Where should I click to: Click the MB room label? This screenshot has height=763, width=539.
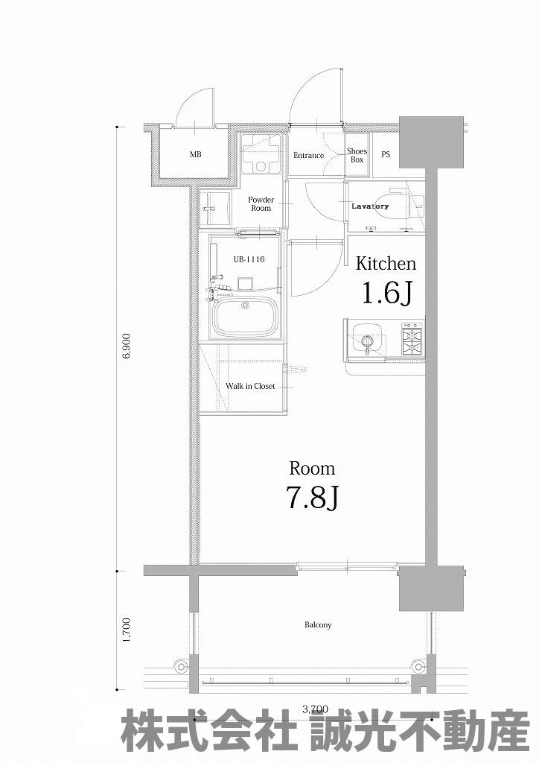(195, 155)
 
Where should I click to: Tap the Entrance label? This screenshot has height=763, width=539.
(309, 156)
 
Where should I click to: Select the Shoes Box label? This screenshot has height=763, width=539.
(357, 155)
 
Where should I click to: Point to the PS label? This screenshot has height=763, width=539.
(386, 155)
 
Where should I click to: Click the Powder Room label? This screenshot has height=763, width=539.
(261, 204)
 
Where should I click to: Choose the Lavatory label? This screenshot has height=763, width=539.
(370, 206)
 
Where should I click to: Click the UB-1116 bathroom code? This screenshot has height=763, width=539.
(249, 259)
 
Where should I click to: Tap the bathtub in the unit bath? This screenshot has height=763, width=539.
(245, 317)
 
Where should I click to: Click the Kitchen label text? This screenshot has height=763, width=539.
(386, 264)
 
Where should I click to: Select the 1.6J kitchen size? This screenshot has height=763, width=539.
(387, 293)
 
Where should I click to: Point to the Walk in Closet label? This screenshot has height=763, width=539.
(250, 387)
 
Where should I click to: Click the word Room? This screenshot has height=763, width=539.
(312, 469)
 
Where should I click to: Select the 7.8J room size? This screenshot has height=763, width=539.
(313, 498)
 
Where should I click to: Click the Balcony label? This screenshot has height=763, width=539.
(318, 625)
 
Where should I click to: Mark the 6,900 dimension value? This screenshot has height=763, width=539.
(127, 346)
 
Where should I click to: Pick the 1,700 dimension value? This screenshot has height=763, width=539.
(127, 630)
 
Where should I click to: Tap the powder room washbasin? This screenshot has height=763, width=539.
(214, 209)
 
